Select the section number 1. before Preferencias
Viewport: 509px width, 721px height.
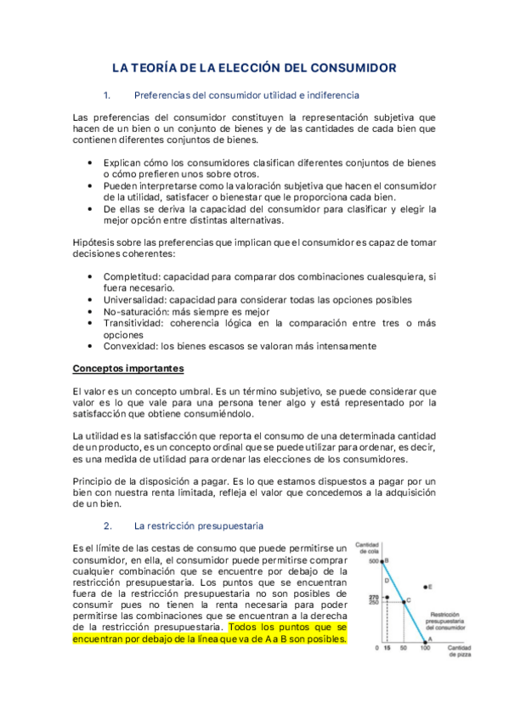pyautogui.click(x=106, y=95)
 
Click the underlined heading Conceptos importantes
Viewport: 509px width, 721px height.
pyautogui.click(x=127, y=369)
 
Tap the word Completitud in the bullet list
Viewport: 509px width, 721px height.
pyautogui.click(x=132, y=276)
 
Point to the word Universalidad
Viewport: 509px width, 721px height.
pyautogui.click(x=134, y=300)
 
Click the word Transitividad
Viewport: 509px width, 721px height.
pyautogui.click(x=134, y=323)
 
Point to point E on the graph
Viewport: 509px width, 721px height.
pyautogui.click(x=424, y=587)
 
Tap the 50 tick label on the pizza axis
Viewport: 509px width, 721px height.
pyautogui.click(x=403, y=648)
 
